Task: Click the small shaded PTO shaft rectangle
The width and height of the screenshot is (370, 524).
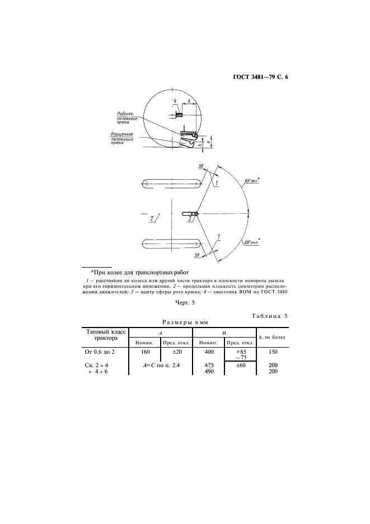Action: [x=179, y=115]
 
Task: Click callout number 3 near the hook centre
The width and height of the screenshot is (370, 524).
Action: [x=189, y=220]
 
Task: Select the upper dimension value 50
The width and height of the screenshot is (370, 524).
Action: [x=200, y=166]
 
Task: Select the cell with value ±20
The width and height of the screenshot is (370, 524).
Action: [x=176, y=352]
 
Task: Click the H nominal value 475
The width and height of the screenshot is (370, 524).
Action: [x=208, y=365]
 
